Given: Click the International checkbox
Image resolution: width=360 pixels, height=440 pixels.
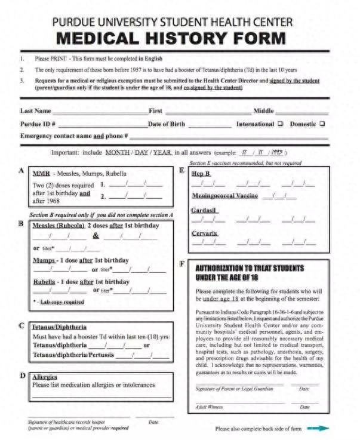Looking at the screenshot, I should [279, 124].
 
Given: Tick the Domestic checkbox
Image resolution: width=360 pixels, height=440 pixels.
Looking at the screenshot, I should [322, 124].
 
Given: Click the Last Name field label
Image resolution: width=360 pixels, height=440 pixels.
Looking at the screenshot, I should [35, 111].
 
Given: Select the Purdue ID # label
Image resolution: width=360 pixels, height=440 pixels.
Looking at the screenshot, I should [38, 124].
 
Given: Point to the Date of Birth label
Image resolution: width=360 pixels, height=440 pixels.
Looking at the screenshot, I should [167, 124].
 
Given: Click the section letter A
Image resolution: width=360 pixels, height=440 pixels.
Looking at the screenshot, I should [21, 171].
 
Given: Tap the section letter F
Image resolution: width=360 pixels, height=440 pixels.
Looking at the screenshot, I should [181, 263].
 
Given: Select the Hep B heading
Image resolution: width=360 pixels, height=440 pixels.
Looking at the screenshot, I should [201, 173].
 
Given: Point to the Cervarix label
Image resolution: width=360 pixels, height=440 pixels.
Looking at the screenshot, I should [205, 233].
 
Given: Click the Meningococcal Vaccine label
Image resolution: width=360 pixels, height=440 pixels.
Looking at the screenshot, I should [225, 195].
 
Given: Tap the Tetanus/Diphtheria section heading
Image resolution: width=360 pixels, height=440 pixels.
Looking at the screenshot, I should [59, 327].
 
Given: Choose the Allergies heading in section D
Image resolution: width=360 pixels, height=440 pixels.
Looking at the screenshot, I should [44, 377].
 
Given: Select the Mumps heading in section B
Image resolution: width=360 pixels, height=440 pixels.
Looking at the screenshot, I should [44, 260].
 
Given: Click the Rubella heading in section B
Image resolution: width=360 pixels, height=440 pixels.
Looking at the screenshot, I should [45, 281].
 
